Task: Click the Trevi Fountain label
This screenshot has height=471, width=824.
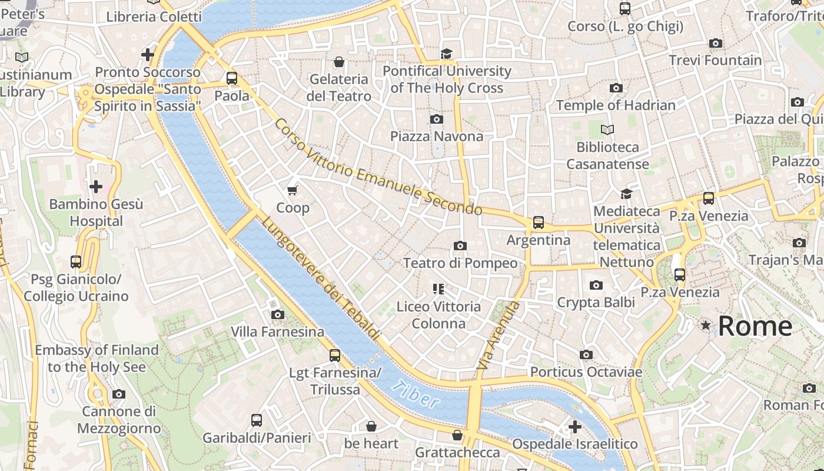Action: click(x=715, y=60)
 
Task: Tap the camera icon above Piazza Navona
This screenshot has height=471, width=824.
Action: click(x=436, y=119)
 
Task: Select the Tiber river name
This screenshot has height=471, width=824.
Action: click(x=416, y=394)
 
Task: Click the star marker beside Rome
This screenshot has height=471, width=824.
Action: click(x=705, y=325)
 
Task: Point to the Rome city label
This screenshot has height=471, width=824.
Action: click(x=755, y=326)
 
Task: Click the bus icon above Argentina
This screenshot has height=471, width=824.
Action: click(x=539, y=223)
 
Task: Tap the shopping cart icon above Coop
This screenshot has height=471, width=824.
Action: click(x=293, y=190)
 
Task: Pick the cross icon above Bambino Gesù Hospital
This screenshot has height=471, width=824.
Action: click(x=95, y=187)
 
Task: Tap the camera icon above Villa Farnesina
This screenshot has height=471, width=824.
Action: click(x=278, y=314)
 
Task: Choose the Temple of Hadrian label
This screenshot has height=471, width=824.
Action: click(x=616, y=105)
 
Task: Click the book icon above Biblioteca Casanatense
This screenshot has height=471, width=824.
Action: click(x=607, y=130)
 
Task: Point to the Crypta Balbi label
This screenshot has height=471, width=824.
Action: click(x=596, y=303)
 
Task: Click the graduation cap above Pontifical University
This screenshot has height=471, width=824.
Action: click(x=447, y=54)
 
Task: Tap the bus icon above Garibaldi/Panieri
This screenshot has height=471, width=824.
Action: click(x=257, y=420)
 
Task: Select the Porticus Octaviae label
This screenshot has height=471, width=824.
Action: click(x=586, y=372)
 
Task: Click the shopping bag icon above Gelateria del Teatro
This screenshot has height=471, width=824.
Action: click(x=339, y=62)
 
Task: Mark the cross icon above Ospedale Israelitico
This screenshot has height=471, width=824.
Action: click(x=574, y=426)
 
